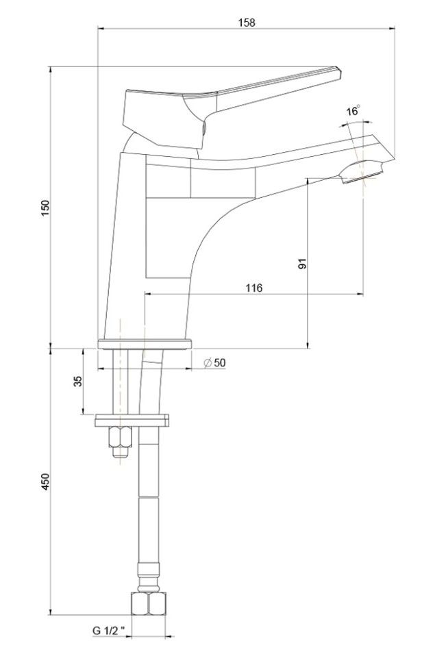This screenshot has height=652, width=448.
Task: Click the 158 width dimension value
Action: pos(247,23)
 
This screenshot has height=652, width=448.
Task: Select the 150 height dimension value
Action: pos(45,208)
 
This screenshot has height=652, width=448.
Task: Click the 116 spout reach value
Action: pos(253,288)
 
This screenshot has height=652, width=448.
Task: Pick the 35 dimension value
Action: pos(77,381)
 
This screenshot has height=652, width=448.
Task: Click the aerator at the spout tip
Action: pos(359,173)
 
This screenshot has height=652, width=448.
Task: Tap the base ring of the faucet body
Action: pos(143,344)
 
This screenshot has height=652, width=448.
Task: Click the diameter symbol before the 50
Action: pos(206,363)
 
